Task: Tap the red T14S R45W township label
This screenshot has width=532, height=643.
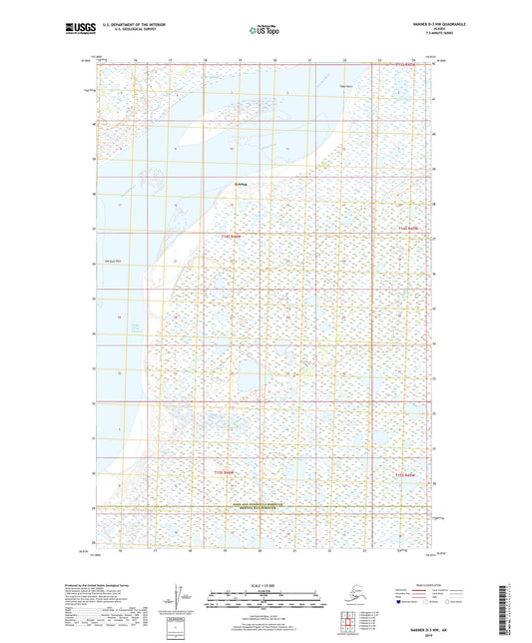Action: [x=232, y=236]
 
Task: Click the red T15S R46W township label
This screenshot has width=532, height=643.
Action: [x=230, y=469]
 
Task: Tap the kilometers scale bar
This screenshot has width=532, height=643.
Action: [x=265, y=597]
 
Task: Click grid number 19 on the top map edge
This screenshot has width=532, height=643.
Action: [x=238, y=60]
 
